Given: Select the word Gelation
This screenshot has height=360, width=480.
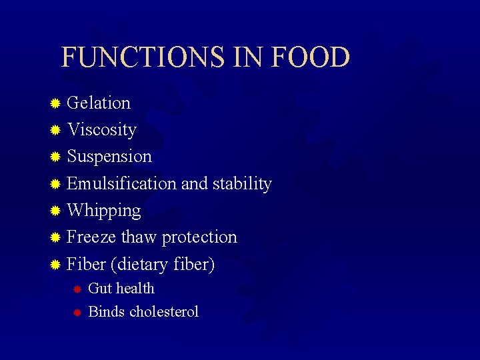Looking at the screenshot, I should click(99, 103).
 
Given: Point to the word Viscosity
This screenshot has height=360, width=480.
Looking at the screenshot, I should click(101, 129).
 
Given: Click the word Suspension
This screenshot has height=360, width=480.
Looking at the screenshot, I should click(109, 157).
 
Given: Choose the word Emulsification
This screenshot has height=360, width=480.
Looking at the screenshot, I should click(121, 183).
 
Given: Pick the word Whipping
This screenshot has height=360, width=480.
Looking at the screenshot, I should click(104, 211).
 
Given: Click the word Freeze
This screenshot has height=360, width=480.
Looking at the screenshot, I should click(91, 237).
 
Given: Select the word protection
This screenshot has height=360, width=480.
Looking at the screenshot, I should click(199, 237).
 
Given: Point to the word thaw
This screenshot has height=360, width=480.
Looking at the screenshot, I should click(139, 237).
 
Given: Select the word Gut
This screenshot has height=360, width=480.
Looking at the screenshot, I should click(99, 289).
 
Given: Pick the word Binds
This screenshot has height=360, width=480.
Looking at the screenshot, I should click(107, 311).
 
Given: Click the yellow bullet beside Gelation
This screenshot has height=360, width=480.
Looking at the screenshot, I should click(56, 103).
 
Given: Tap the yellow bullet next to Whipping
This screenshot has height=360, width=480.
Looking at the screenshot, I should click(56, 211).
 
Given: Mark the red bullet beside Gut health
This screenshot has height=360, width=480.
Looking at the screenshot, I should click(77, 289).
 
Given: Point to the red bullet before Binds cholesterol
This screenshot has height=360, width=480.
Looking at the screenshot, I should click(77, 312).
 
